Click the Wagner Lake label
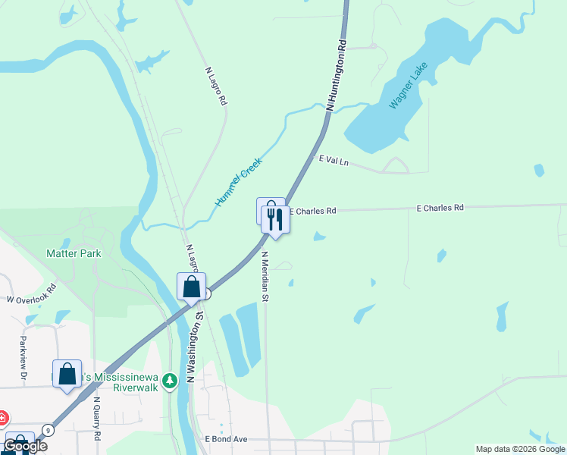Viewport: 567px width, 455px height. pyautogui.click(x=409, y=85)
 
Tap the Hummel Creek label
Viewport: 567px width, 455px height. pyautogui.click(x=238, y=183)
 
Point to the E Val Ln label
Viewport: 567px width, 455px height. pyautogui.click(x=334, y=161)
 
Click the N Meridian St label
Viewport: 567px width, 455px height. pyautogui.click(x=265, y=276)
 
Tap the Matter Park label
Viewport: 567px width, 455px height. pyautogui.click(x=74, y=253)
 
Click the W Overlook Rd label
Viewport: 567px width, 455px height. pyautogui.click(x=32, y=293)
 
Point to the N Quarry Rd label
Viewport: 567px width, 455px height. pyautogui.click(x=97, y=419)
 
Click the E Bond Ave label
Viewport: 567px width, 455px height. pyautogui.click(x=226, y=439)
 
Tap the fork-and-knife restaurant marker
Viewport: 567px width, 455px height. pyautogui.click(x=275, y=220)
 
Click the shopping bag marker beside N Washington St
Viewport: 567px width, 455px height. pyautogui.click(x=192, y=287)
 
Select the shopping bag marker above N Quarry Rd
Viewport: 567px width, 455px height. pyautogui.click(x=67, y=374)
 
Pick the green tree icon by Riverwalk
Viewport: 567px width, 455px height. pyautogui.click(x=172, y=379)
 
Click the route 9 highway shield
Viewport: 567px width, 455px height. pyautogui.click(x=48, y=429)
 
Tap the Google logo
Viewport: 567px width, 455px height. pyautogui.click(x=25, y=446)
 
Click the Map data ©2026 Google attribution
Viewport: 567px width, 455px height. pyautogui.click(x=521, y=449)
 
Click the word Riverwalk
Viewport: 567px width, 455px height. pyautogui.click(x=135, y=387)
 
